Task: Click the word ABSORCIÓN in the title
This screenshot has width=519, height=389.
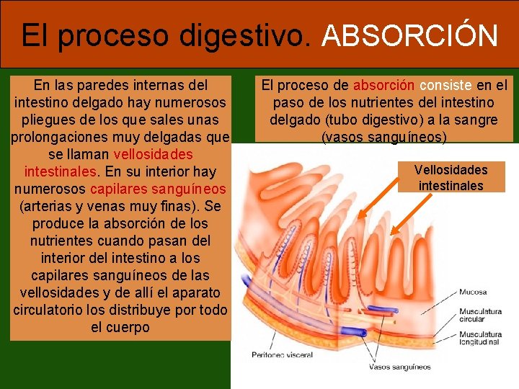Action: pyautogui.click(x=409, y=35)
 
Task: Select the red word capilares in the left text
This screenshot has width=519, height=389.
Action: pyautogui.click(x=120, y=189)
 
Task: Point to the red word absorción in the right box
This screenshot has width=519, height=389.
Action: pyautogui.click(x=383, y=85)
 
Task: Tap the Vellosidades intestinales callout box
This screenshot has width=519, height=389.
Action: pyautogui.click(x=451, y=178)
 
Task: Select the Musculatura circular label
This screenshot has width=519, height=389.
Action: pyautogui.click(x=480, y=315)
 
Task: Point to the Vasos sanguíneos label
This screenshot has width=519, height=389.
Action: pyautogui.click(x=400, y=367)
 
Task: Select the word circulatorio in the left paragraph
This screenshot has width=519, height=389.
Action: pyautogui.click(x=53, y=310)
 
